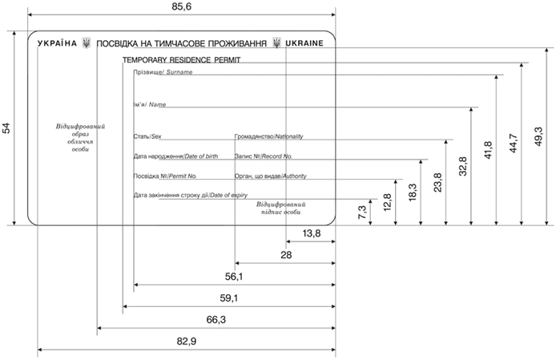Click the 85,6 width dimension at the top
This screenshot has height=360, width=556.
[x=183, y=7]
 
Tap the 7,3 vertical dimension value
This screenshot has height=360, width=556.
[x=363, y=212]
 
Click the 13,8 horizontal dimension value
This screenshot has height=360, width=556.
[x=312, y=233]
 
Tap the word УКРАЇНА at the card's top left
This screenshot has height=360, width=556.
[x=57, y=43]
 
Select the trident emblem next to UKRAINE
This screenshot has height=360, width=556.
[x=276, y=43]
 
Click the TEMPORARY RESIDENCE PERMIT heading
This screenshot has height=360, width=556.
[x=181, y=60]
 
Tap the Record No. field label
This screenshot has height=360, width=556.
[x=263, y=156]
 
